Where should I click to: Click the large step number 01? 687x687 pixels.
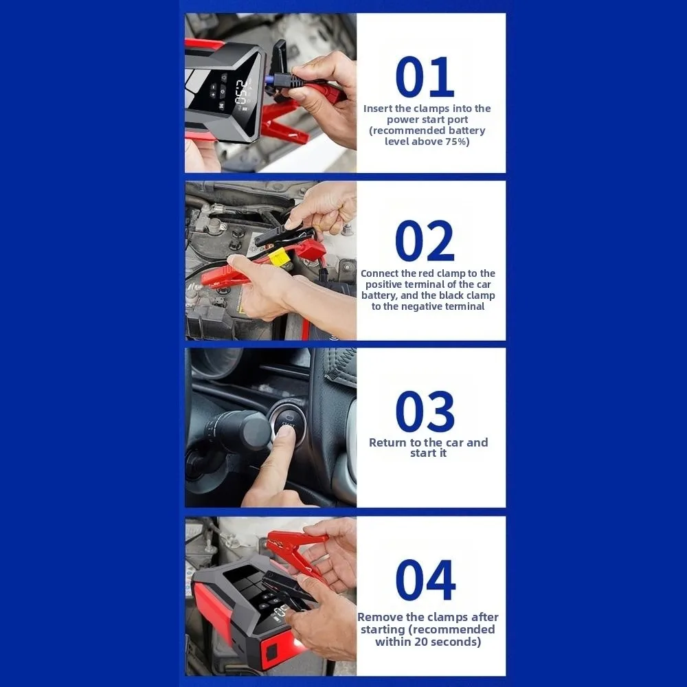pos(425,77)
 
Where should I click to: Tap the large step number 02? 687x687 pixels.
pos(425,241)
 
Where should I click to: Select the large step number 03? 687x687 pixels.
pos(425,412)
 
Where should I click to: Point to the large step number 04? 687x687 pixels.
pos(425,581)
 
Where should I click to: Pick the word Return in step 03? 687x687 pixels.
pos(388,442)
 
